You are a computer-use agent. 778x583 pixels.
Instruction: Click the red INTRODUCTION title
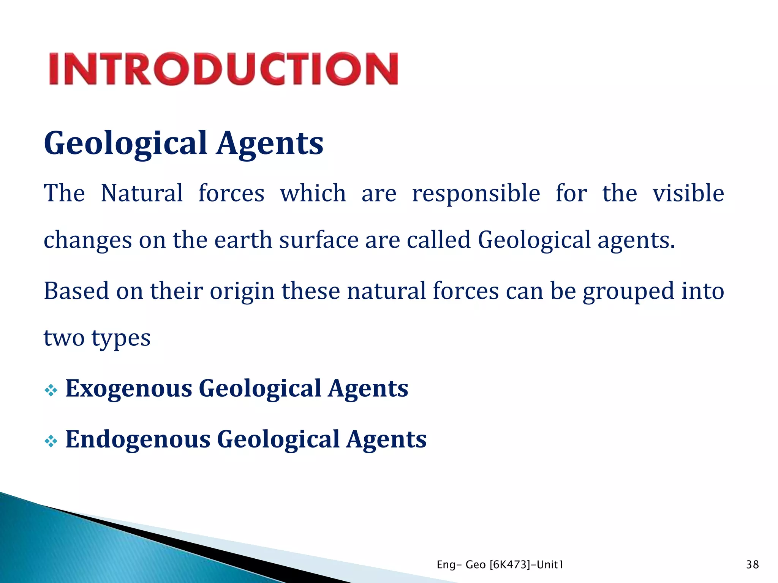point(224,69)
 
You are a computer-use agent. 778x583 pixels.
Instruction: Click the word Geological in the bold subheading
point(126,143)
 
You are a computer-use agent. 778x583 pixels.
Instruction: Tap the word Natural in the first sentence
point(142,193)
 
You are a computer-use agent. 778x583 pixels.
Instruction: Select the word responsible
point(476,194)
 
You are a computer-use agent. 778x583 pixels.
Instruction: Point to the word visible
point(688,193)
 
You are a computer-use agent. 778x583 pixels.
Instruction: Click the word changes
point(88,241)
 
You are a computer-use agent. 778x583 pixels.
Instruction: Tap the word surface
point(319,240)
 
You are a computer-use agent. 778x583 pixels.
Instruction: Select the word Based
point(76,291)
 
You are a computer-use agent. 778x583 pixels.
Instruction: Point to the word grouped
point(628,292)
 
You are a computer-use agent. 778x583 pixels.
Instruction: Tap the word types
point(121,339)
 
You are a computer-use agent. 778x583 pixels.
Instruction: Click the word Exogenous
point(129,389)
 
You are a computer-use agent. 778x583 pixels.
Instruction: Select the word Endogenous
point(138,440)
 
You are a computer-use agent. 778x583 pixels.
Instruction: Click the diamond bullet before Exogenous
point(51,390)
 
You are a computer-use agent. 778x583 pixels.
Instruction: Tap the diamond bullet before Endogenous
point(51,441)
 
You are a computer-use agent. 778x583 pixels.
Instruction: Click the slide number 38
point(752,565)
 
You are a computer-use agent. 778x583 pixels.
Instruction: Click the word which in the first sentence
point(313,193)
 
